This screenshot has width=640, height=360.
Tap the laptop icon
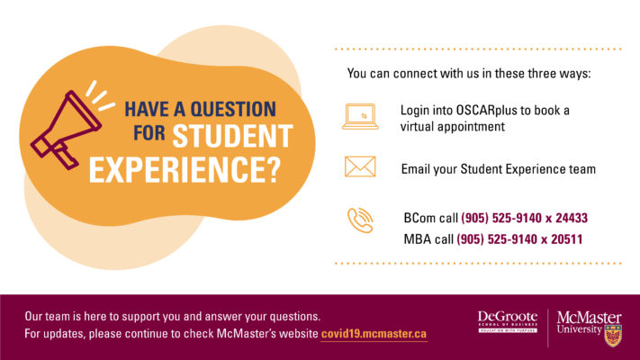point(360,117)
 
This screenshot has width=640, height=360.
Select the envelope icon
point(360,166)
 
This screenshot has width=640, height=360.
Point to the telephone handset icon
point(360,220)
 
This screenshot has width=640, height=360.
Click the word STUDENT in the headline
point(232,136)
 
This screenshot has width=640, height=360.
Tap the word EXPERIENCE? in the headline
point(185,169)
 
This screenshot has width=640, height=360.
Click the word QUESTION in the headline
point(233,110)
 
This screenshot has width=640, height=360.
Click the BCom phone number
point(525,218)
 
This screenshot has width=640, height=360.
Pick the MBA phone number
point(519,239)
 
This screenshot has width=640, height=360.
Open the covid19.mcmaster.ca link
point(374,334)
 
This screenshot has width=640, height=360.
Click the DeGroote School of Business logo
point(508,321)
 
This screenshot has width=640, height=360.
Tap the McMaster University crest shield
point(613,336)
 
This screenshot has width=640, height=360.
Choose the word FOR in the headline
point(149,133)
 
